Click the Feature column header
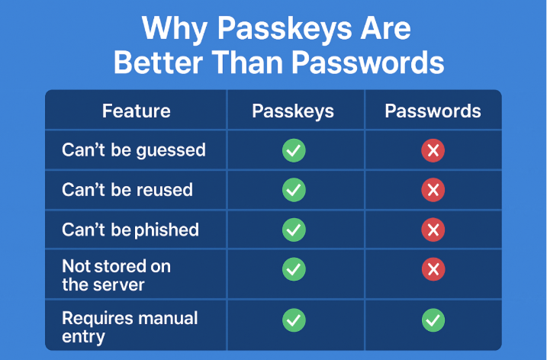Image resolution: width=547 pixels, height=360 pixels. tap(136, 111)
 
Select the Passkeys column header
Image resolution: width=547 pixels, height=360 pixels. tap(293, 111)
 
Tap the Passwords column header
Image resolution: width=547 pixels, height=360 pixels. tap(433, 111)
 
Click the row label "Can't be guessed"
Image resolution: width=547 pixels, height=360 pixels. tap(134, 150)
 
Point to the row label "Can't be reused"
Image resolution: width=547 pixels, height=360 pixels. tap(127, 190)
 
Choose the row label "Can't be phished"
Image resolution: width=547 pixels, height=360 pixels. tap(130, 230)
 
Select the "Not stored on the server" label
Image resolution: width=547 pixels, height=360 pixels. tap(117, 275)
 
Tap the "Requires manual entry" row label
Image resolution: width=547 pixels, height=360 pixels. tap(130, 327)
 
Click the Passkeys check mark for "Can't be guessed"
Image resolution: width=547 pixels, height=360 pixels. tap(294, 150)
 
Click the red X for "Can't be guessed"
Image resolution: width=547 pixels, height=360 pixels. tap(433, 150)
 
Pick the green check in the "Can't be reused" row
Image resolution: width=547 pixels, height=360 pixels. tap(294, 190)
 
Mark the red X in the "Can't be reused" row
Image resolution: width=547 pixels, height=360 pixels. tap(433, 190)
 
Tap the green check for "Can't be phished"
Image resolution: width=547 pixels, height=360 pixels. tap(294, 230)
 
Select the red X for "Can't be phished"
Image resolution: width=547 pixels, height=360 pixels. tap(433, 230)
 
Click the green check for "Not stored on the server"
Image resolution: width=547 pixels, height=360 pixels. tap(294, 269)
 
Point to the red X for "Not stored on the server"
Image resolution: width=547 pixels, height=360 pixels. tap(433, 269)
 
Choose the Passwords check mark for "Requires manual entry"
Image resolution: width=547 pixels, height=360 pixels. tap(433, 320)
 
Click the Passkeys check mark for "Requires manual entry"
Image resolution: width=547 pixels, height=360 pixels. tap(294, 320)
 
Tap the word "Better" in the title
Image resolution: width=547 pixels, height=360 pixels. tap(159, 63)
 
